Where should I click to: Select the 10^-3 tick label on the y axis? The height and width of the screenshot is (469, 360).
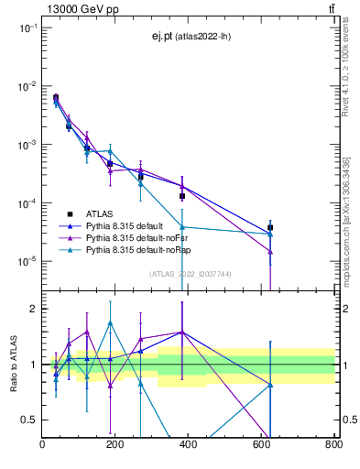[27, 145]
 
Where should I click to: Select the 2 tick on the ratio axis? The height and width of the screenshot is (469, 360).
[34, 309]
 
